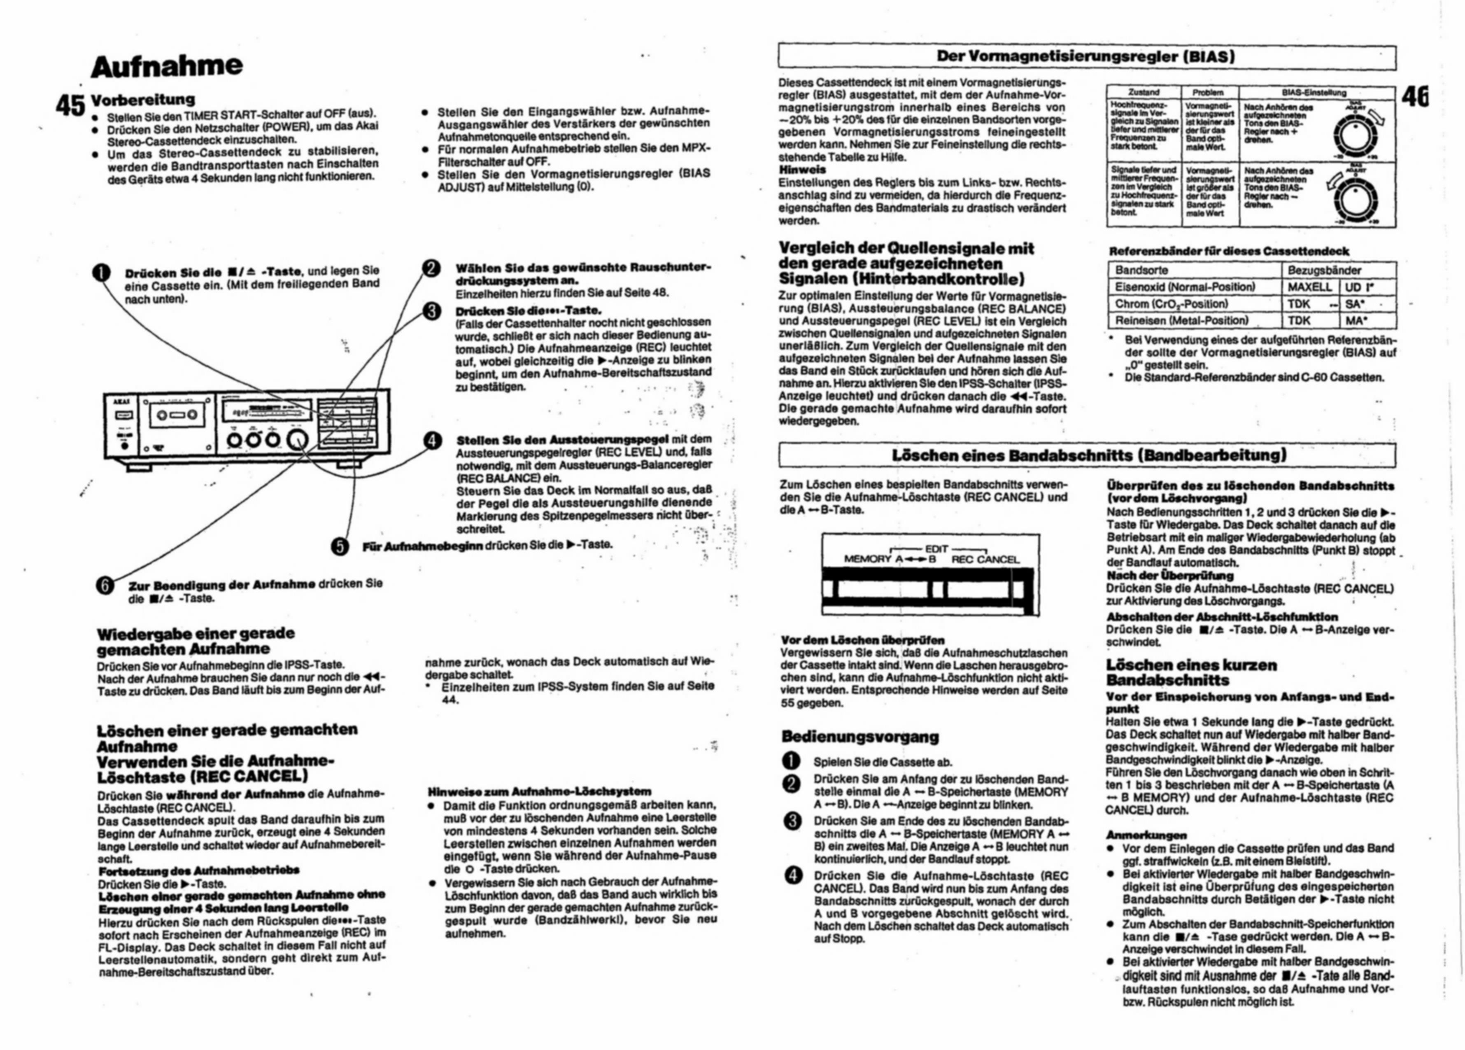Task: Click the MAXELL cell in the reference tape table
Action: pyautogui.click(x=1309, y=287)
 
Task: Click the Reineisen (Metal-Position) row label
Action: pyautogui.click(x=1181, y=320)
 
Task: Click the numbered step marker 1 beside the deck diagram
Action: pyautogui.click(x=102, y=274)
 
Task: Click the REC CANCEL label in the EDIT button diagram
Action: pyautogui.click(x=985, y=560)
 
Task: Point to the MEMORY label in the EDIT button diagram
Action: pyautogui.click(x=867, y=559)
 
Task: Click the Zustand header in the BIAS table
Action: pyautogui.click(x=1144, y=92)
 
